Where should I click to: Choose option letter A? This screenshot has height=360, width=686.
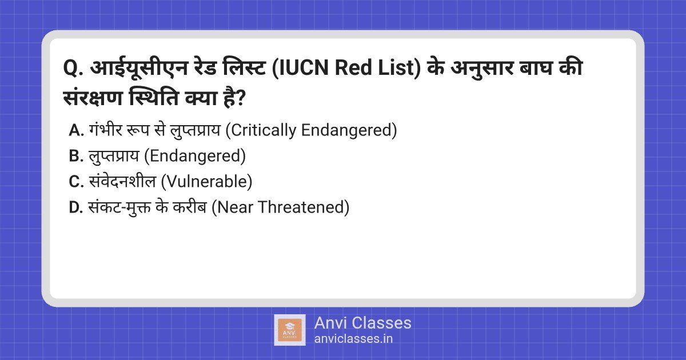coord(76,131)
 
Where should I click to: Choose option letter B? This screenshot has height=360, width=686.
coord(76,156)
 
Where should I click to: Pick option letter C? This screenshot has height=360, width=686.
coord(76,182)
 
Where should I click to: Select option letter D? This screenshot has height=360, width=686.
coord(76,207)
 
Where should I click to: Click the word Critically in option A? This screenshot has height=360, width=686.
coord(261,131)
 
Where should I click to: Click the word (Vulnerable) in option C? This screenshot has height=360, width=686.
coord(207,182)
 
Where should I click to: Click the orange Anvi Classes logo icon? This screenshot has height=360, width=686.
coord(290,330)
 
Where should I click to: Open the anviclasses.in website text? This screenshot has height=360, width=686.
coord(353,339)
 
